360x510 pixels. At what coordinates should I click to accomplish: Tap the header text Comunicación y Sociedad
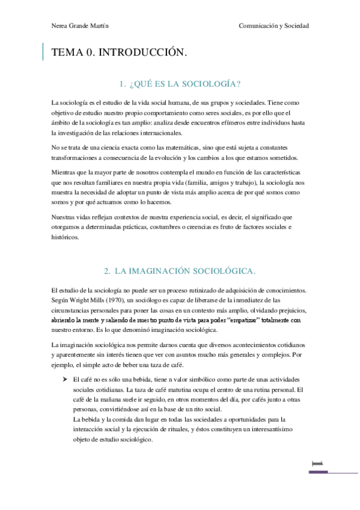click(x=273, y=26)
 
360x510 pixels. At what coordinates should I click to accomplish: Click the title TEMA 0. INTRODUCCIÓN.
click(x=120, y=53)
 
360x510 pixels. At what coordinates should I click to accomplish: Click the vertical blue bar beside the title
click(x=43, y=52)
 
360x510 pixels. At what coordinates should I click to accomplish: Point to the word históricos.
click(x=65, y=237)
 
